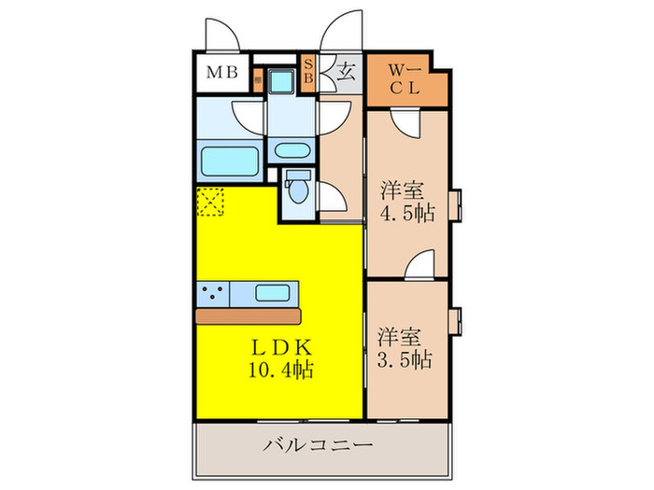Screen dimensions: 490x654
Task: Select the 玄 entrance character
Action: [345, 71]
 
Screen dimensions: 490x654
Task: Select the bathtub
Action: [230, 160]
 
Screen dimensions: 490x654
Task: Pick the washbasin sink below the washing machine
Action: [291, 149]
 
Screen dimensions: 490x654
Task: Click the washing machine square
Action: [279, 80]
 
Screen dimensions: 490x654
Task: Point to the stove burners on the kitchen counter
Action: [213, 293]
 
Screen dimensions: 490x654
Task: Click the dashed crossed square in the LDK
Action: [211, 201]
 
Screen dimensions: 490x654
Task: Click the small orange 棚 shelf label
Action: [256, 80]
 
